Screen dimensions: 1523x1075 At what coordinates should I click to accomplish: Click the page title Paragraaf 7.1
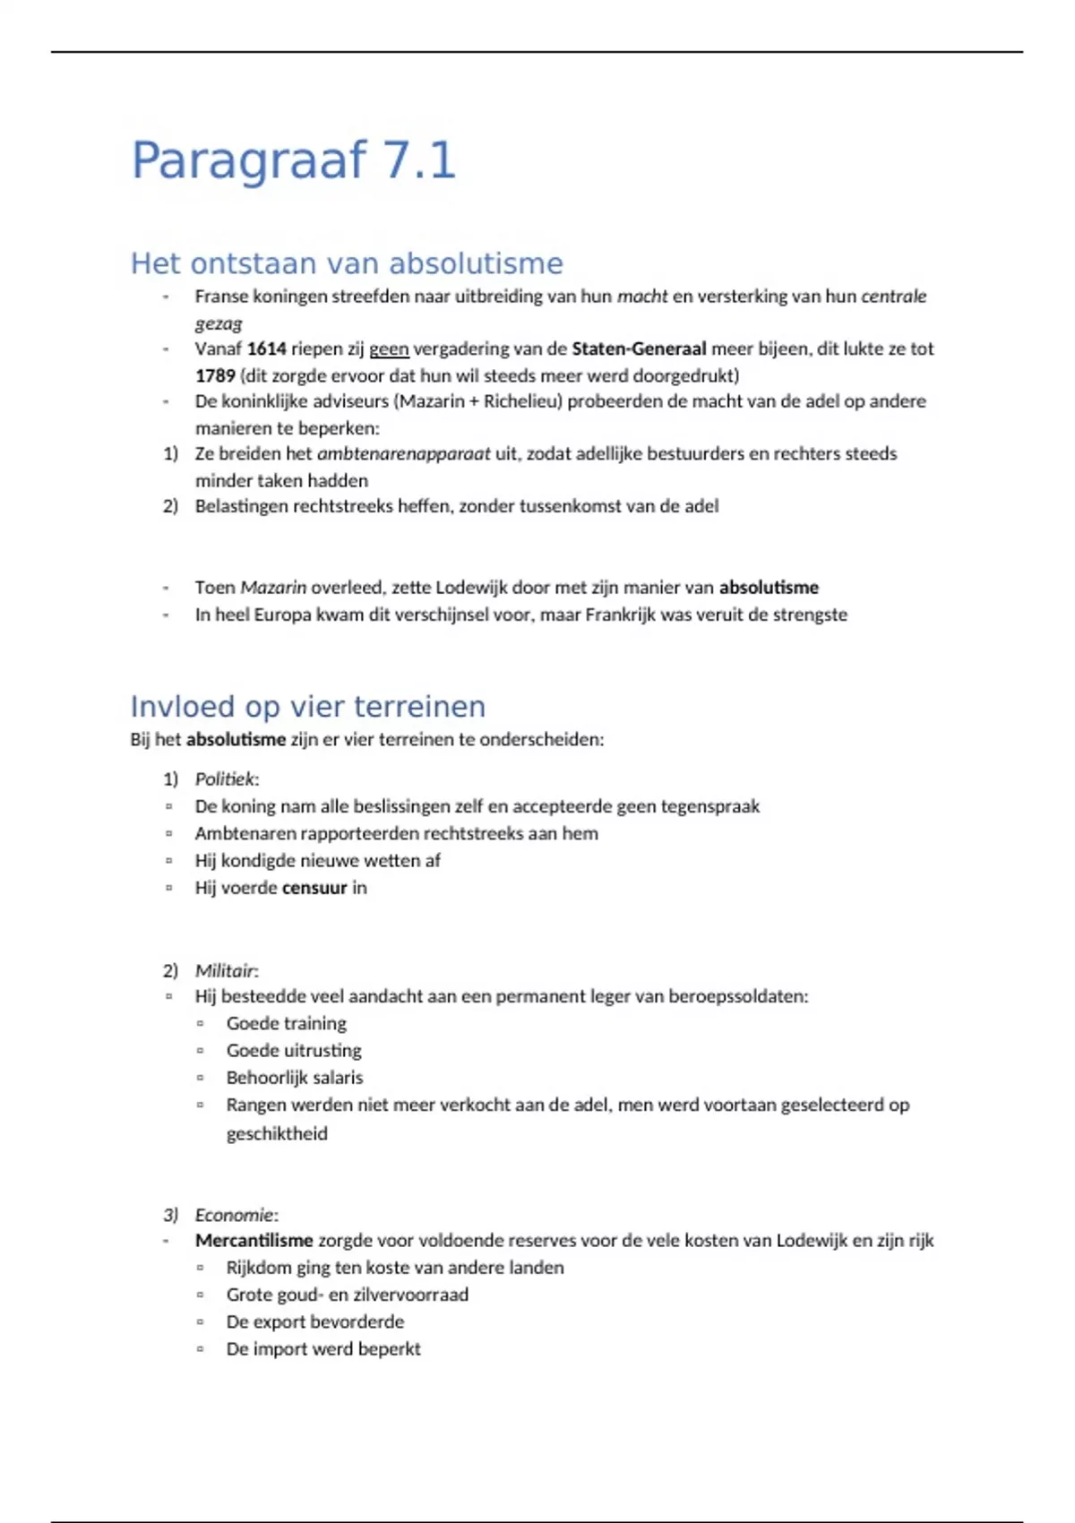click(294, 160)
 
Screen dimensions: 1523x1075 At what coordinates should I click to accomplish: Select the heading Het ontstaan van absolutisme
click(347, 263)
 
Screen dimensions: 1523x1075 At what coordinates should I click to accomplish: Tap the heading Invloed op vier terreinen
click(307, 707)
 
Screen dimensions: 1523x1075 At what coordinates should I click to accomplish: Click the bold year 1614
click(266, 348)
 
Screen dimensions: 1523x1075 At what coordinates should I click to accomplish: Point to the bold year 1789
click(215, 375)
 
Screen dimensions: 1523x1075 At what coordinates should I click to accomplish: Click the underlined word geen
click(389, 348)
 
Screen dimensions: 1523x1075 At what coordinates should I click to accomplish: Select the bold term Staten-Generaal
click(639, 348)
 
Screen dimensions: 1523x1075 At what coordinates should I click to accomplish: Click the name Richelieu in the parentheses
click(521, 401)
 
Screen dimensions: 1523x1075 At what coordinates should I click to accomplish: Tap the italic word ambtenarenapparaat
click(403, 453)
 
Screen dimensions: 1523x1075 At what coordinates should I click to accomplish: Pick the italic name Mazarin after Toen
click(273, 588)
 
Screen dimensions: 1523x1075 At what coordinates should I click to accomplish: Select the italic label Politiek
click(225, 779)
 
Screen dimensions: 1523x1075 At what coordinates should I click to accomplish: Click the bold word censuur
click(314, 888)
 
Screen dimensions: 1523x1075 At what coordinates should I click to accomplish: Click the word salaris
click(338, 1078)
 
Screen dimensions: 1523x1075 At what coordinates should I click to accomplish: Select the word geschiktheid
click(277, 1133)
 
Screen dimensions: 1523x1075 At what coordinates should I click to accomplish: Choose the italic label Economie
click(234, 1215)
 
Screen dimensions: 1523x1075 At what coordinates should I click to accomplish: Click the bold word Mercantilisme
click(254, 1241)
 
